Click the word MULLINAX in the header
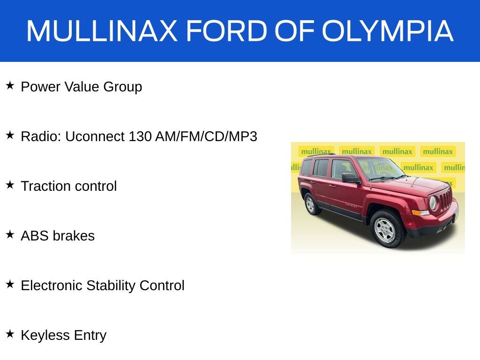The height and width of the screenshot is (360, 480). pyautogui.click(x=102, y=31)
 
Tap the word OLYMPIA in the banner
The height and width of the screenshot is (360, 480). pyautogui.click(x=387, y=31)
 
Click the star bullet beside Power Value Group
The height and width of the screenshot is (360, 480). pyautogui.click(x=10, y=86)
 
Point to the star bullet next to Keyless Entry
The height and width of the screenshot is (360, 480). pyautogui.click(x=10, y=334)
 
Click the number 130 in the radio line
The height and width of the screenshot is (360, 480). pyautogui.click(x=140, y=136)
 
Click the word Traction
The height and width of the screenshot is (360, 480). pyautogui.click(x=45, y=186)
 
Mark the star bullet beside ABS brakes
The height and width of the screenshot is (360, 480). pyautogui.click(x=10, y=235)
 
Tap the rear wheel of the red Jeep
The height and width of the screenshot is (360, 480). pyautogui.click(x=310, y=204)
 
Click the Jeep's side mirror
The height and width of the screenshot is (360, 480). pyautogui.click(x=350, y=178)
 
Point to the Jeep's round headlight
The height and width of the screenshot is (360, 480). pyautogui.click(x=433, y=202)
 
